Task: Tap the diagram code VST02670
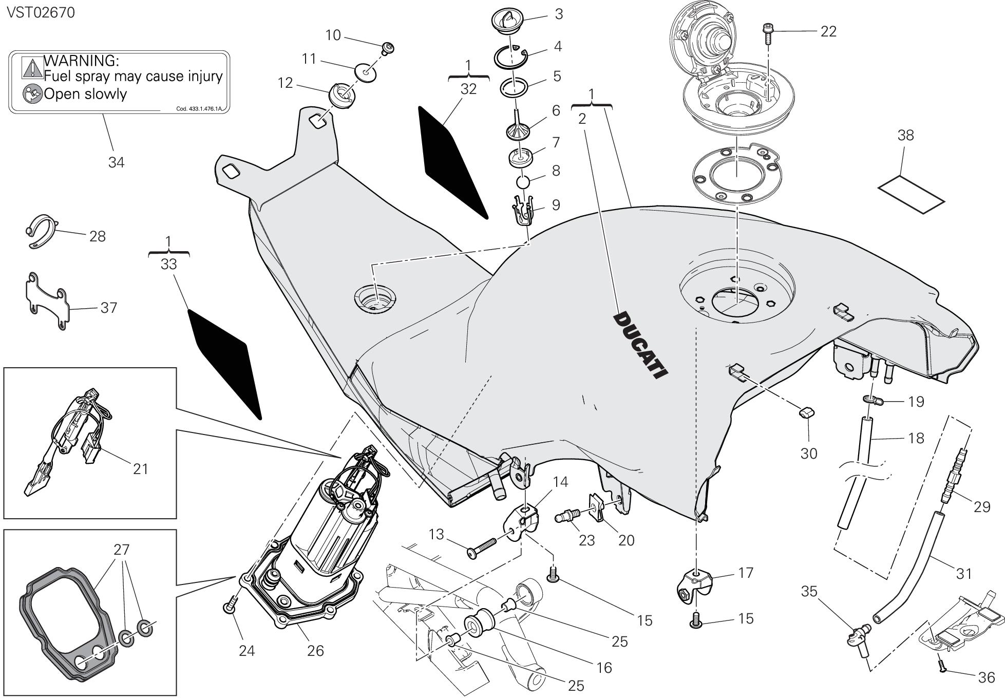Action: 41,12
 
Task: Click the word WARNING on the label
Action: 81,61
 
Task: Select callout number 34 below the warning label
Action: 117,162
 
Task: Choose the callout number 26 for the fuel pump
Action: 315,650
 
